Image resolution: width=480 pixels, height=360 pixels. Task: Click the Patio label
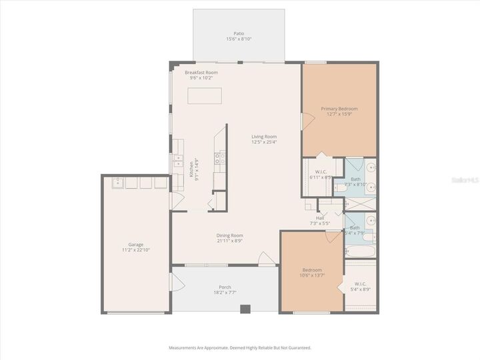coord(239,33)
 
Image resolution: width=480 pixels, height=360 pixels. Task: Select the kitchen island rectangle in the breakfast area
coord(205,96)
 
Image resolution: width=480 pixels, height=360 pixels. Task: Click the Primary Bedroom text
coord(339,109)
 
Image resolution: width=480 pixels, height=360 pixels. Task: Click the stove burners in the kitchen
coord(217,158)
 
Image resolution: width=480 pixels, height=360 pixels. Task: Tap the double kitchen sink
coord(177,161)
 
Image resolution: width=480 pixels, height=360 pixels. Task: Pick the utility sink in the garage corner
coord(116,182)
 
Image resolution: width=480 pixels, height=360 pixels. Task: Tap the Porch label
coord(225,287)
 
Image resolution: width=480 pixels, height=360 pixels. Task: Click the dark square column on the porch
coord(245,309)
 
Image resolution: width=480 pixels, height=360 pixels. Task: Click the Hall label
coord(321,217)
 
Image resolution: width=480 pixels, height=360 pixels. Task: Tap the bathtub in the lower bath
coord(360,252)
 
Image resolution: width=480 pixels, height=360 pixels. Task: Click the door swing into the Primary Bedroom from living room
coord(307,121)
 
